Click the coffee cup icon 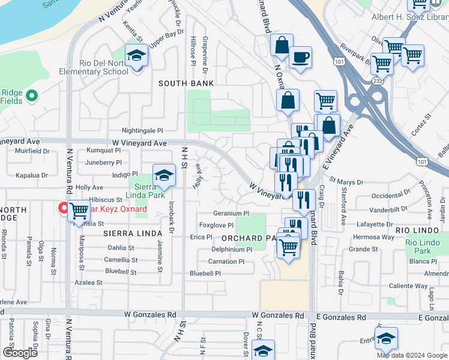[300, 58]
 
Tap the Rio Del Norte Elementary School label [103, 68]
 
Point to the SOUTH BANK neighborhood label [186, 83]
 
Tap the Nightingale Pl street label [142, 130]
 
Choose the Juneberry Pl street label [103, 162]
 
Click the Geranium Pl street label [231, 213]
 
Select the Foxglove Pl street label [216, 225]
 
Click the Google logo [19, 353]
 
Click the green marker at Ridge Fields [33, 95]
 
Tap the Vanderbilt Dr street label [389, 209]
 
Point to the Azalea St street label [89, 282]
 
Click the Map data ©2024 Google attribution [411, 355]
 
